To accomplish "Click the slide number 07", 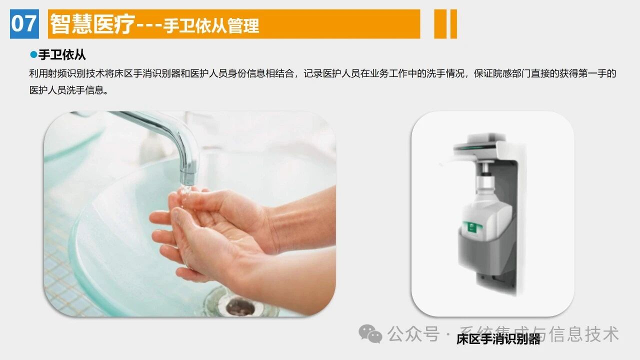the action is coord(24,23).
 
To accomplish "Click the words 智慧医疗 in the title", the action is coord(92,24).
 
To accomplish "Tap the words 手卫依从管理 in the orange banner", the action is coord(211,25).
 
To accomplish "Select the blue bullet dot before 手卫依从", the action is coord(33,54).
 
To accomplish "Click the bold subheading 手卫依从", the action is coord(62,55).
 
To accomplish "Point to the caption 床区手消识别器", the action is coord(498,339).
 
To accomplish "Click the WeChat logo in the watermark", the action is coord(370,333).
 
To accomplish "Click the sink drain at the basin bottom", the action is coord(239,306).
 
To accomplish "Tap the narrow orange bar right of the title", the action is coord(453,24).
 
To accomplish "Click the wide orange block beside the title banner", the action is coord(440,24).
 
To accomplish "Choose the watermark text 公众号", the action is coord(413,334).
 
